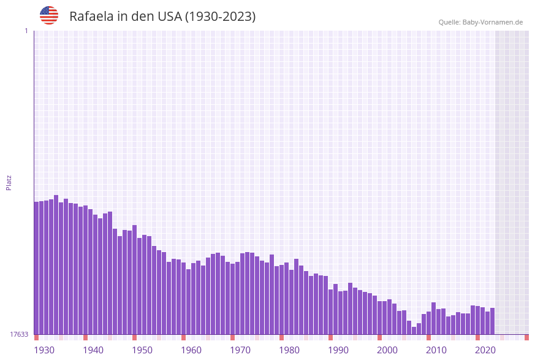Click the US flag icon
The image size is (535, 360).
point(49,15)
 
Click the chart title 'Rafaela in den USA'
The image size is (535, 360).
point(162,17)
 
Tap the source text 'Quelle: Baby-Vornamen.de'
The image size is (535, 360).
point(480,22)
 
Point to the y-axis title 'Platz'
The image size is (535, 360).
point(9,182)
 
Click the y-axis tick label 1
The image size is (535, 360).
point(26,31)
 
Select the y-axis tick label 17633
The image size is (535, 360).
point(18,334)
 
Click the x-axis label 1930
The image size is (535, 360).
point(44,350)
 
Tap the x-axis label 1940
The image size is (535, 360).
point(93,350)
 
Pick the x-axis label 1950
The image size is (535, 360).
point(142,350)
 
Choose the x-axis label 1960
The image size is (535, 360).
point(191,350)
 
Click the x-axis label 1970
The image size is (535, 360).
point(240,350)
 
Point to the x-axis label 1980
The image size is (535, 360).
point(289,350)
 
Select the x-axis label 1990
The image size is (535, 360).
point(338,350)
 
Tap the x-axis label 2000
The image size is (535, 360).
point(387,350)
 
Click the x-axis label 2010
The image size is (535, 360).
point(436,350)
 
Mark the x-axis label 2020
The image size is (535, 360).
point(485,350)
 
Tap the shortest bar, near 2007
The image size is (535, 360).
point(414,331)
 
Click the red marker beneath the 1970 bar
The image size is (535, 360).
point(233,337)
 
